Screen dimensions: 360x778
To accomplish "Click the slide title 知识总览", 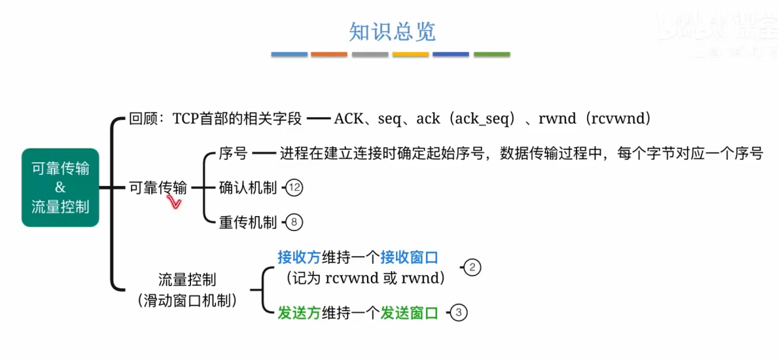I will pos(392,31).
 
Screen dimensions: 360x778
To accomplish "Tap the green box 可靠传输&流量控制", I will pos(60,188).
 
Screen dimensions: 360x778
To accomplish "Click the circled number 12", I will pos(294,189).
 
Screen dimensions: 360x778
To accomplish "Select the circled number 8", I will pos(294,223).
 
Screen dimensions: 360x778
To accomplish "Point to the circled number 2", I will pos(473,267).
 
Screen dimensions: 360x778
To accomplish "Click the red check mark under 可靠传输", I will pos(174,203).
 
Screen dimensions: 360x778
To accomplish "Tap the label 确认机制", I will pos(248,189).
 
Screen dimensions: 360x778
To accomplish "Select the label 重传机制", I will pos(248,223).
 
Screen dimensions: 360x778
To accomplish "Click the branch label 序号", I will pos(234,154).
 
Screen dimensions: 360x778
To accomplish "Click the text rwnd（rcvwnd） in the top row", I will pos(595,119).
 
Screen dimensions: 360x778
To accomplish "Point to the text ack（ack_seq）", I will pos(467,119).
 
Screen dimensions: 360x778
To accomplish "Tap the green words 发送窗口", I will pos(409,313).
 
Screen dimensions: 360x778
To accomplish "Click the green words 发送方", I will pos(299,313).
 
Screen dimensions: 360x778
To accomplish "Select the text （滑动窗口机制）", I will pos(188,300).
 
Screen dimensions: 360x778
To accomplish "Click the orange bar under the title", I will pos(329,54).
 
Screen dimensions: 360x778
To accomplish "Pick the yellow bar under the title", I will pos(410,54).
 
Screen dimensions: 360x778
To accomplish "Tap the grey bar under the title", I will pos(370,54).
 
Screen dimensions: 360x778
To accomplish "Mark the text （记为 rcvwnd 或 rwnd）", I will pos(366,278).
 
